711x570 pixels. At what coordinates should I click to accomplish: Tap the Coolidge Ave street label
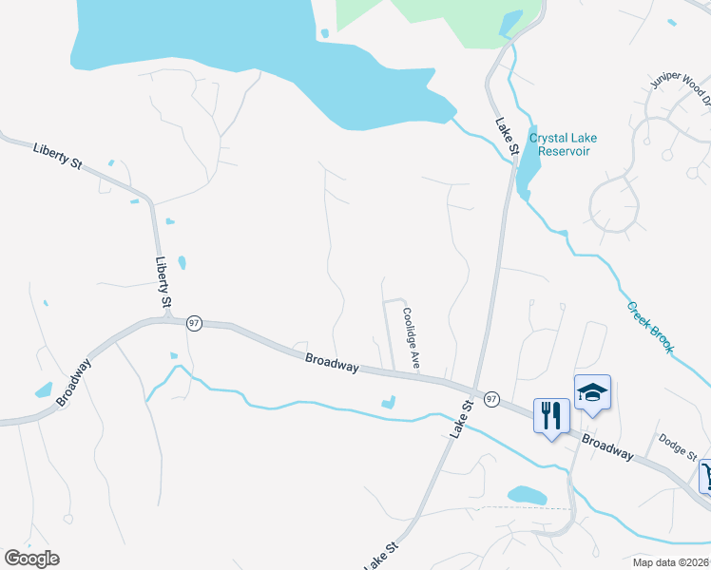pos(411,337)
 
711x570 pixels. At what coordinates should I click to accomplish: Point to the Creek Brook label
pos(650,328)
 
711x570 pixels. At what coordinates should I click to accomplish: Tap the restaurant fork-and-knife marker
pos(551,415)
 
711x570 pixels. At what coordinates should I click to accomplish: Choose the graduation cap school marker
pos(592,393)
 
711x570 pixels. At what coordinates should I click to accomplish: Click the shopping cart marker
pos(705,476)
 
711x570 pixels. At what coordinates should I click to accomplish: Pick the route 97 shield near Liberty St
pos(194,323)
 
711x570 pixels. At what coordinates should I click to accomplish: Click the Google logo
pos(31,559)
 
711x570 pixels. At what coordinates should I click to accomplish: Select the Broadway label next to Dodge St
pos(606,447)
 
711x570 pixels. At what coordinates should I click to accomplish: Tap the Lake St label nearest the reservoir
pos(506,136)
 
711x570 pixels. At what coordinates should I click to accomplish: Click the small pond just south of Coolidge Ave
pos(388,402)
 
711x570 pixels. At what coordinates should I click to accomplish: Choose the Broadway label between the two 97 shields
pos(333,362)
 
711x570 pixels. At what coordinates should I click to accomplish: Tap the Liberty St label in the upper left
pos(57,155)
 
